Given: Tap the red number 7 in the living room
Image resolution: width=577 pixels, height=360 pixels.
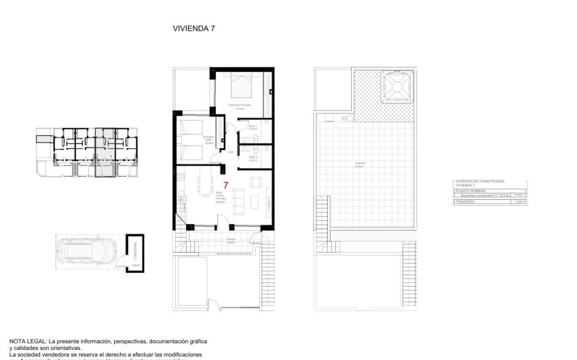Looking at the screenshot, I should click(x=225, y=185).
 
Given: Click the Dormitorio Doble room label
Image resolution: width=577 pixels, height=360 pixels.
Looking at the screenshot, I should click(x=209, y=141).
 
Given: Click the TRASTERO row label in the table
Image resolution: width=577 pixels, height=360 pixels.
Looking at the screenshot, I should click(x=464, y=202).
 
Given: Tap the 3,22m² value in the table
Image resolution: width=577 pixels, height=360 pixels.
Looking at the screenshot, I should click(x=520, y=202).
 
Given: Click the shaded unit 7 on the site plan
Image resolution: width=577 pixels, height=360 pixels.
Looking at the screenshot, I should click(x=105, y=153).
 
